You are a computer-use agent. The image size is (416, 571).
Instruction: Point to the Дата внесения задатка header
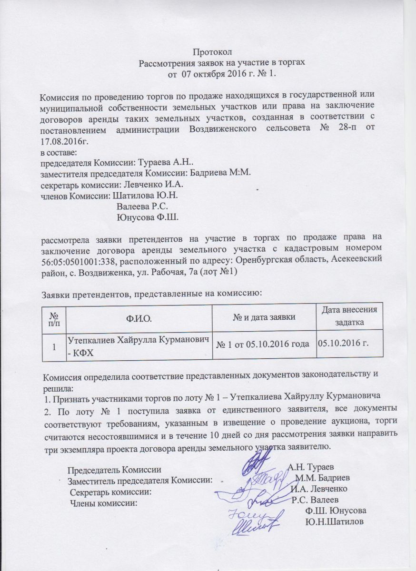349,316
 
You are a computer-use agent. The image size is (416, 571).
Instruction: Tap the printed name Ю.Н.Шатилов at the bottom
333,522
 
